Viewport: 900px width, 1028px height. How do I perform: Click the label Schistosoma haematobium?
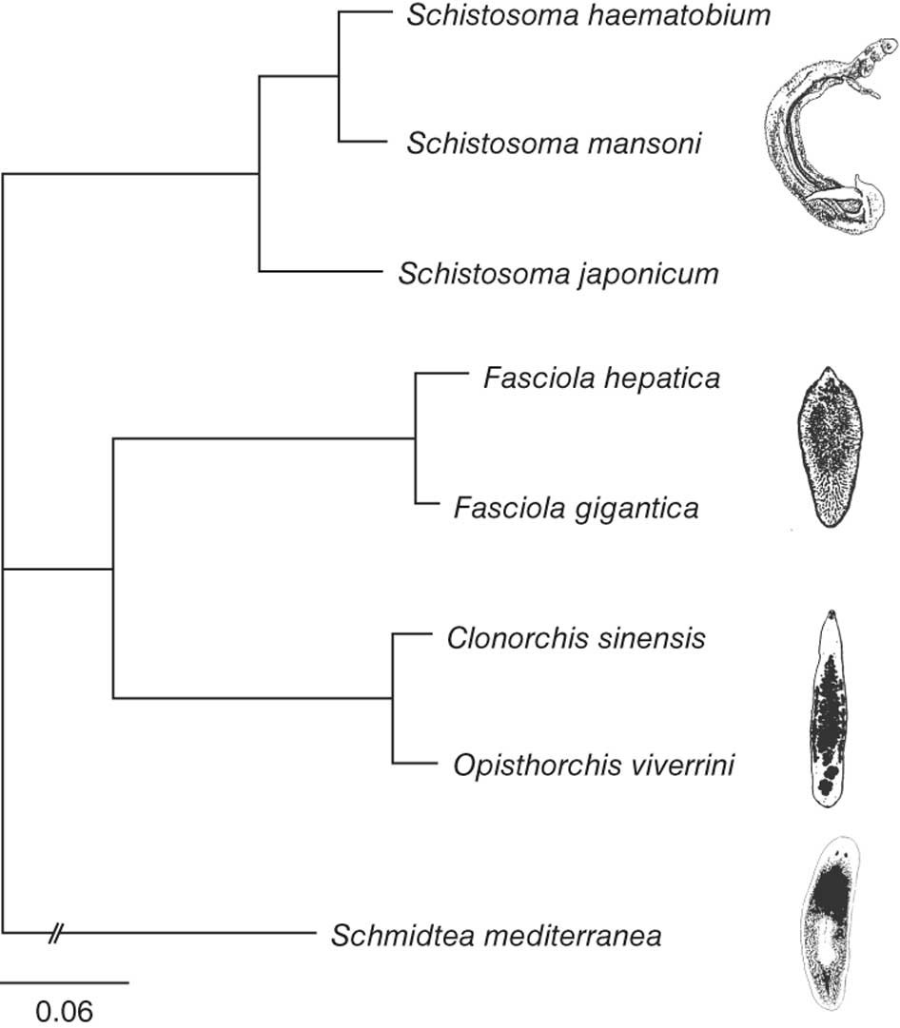click(x=587, y=15)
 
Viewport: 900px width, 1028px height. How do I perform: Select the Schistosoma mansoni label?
click(x=555, y=145)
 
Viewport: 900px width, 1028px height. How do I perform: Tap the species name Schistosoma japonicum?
click(x=558, y=275)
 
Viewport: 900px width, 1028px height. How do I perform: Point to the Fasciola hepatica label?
click(x=600, y=378)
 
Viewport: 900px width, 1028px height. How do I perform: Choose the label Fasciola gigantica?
click(x=576, y=508)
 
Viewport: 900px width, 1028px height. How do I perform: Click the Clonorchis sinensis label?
click(x=576, y=637)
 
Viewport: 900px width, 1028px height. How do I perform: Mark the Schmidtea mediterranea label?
click(x=496, y=936)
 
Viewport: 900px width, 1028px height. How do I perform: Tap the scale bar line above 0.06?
click(x=65, y=980)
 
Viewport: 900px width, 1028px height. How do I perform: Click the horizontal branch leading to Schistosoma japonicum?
click(x=317, y=272)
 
